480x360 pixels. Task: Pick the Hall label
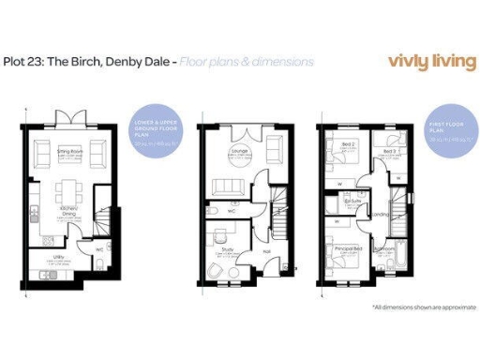tap(266, 250)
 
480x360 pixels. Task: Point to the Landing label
tap(382, 215)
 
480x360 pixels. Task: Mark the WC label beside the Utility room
tap(99, 249)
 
